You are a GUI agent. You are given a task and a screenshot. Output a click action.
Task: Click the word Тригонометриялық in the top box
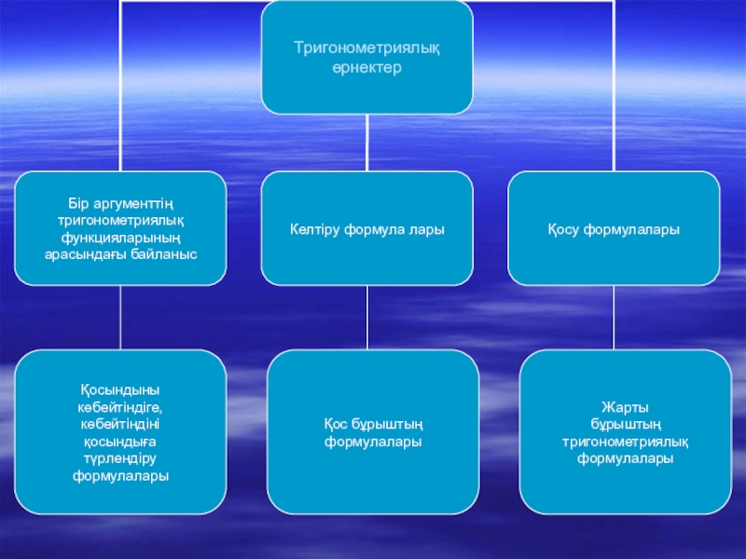[x=366, y=47]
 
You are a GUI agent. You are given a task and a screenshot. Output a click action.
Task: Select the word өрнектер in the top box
[x=366, y=69]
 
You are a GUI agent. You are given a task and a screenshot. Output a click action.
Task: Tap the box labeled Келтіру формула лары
[x=366, y=228]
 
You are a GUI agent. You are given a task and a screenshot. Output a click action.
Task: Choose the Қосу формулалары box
[x=613, y=228]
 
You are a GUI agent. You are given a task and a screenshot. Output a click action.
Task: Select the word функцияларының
[x=120, y=238]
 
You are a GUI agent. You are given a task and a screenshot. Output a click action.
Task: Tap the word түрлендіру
[x=120, y=458]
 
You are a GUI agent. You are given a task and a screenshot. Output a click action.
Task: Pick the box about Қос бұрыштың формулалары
[x=373, y=432]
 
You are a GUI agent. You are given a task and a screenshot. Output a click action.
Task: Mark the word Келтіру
[x=316, y=229]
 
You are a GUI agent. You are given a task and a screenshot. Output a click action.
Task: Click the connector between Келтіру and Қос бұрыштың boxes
[x=367, y=318]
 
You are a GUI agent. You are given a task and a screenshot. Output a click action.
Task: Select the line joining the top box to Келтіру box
[x=367, y=143]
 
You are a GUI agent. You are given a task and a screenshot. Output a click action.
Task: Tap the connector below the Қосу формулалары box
[x=614, y=318]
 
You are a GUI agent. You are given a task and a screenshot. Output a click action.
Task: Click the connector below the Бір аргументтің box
[x=120, y=318]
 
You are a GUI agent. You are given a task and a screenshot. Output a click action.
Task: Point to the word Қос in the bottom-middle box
[x=336, y=425]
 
